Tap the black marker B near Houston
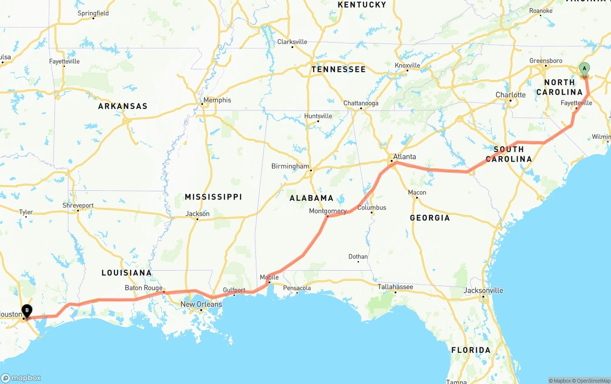(x=27, y=311)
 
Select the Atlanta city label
(x=404, y=156)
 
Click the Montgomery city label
(x=327, y=211)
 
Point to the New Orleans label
(x=201, y=304)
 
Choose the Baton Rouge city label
(x=144, y=288)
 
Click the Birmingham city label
(x=290, y=166)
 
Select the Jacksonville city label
(x=484, y=290)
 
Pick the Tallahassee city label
(x=395, y=286)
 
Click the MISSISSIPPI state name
(x=213, y=197)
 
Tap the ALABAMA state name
(x=312, y=198)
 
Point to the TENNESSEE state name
(x=338, y=69)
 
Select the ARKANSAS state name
(x=123, y=106)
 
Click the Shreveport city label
(x=78, y=206)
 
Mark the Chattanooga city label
(x=361, y=103)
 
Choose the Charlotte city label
(x=510, y=95)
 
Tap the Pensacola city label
(x=297, y=288)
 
